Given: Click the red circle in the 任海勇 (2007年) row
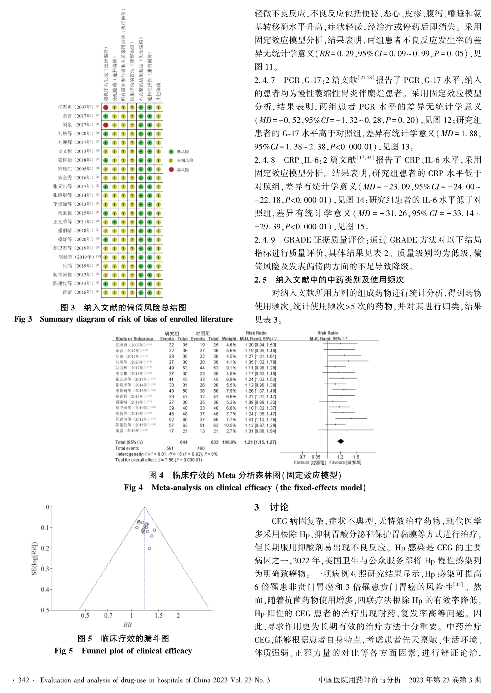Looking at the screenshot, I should tap(106, 107).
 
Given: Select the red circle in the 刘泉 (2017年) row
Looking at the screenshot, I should tap(106, 125).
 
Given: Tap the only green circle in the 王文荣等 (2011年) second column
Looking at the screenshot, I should tap(114, 222).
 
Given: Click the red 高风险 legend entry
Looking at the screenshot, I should tap(171, 170).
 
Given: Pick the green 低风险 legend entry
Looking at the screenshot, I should tap(171, 152).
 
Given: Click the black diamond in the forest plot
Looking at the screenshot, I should tap(341, 442).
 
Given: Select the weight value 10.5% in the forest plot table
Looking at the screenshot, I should tap(230, 425).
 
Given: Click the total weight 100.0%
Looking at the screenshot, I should tap(229, 442).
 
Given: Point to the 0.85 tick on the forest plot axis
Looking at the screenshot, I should tap(316, 457).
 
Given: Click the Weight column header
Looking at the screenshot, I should tap(229, 339).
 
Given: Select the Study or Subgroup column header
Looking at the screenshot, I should tap(134, 339).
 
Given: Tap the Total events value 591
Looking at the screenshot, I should tap(170, 448).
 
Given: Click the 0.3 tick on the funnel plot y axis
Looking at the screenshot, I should tap(45, 569).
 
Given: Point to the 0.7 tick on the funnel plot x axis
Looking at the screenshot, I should tap(108, 615).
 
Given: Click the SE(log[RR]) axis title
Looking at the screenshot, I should tap(34, 558).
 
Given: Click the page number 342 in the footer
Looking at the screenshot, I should tap(23, 680).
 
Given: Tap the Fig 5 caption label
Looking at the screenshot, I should tap(64, 651).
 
